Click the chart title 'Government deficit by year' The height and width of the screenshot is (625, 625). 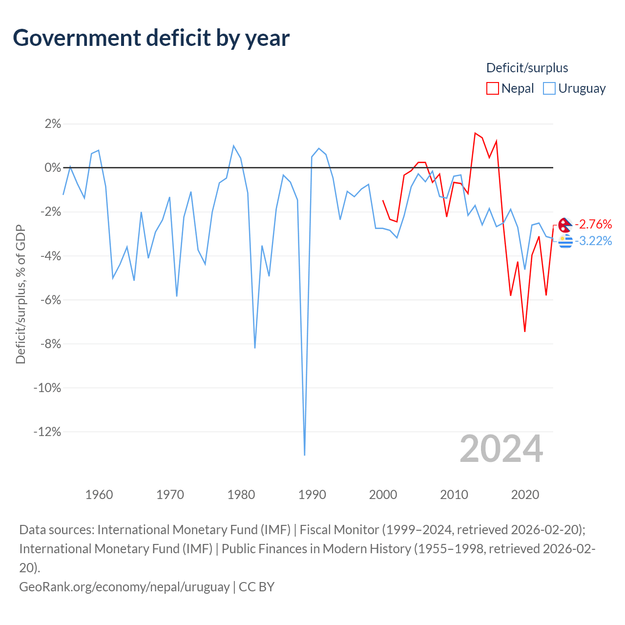pyautogui.click(x=151, y=38)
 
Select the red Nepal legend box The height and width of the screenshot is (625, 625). pyautogui.click(x=492, y=88)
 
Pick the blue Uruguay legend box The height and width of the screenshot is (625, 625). pyautogui.click(x=549, y=88)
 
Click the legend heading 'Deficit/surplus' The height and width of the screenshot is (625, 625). pyautogui.click(x=527, y=68)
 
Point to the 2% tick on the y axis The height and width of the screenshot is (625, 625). pyautogui.click(x=53, y=124)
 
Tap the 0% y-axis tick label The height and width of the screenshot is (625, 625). pyautogui.click(x=53, y=167)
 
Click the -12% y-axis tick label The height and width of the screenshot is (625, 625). pyautogui.click(x=47, y=432)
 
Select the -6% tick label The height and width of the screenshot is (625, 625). pyautogui.click(x=50, y=300)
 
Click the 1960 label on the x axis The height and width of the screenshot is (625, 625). pyautogui.click(x=99, y=495)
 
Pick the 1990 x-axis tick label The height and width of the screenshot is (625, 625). pyautogui.click(x=312, y=495)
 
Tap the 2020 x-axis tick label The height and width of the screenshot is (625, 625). pyautogui.click(x=525, y=495)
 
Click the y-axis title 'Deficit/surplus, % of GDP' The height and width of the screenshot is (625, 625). pyautogui.click(x=21, y=294)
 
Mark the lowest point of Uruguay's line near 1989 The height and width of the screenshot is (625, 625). pyautogui.click(x=304, y=455)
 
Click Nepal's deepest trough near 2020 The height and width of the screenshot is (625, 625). pyautogui.click(x=525, y=331)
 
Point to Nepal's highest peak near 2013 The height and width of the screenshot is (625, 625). pyautogui.click(x=475, y=133)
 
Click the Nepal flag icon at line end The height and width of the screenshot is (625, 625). pyautogui.click(x=565, y=225)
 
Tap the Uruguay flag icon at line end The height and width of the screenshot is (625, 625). pyautogui.click(x=565, y=241)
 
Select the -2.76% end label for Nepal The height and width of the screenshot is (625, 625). pyautogui.click(x=593, y=224)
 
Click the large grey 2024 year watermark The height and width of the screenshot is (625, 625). pyautogui.click(x=501, y=449)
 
